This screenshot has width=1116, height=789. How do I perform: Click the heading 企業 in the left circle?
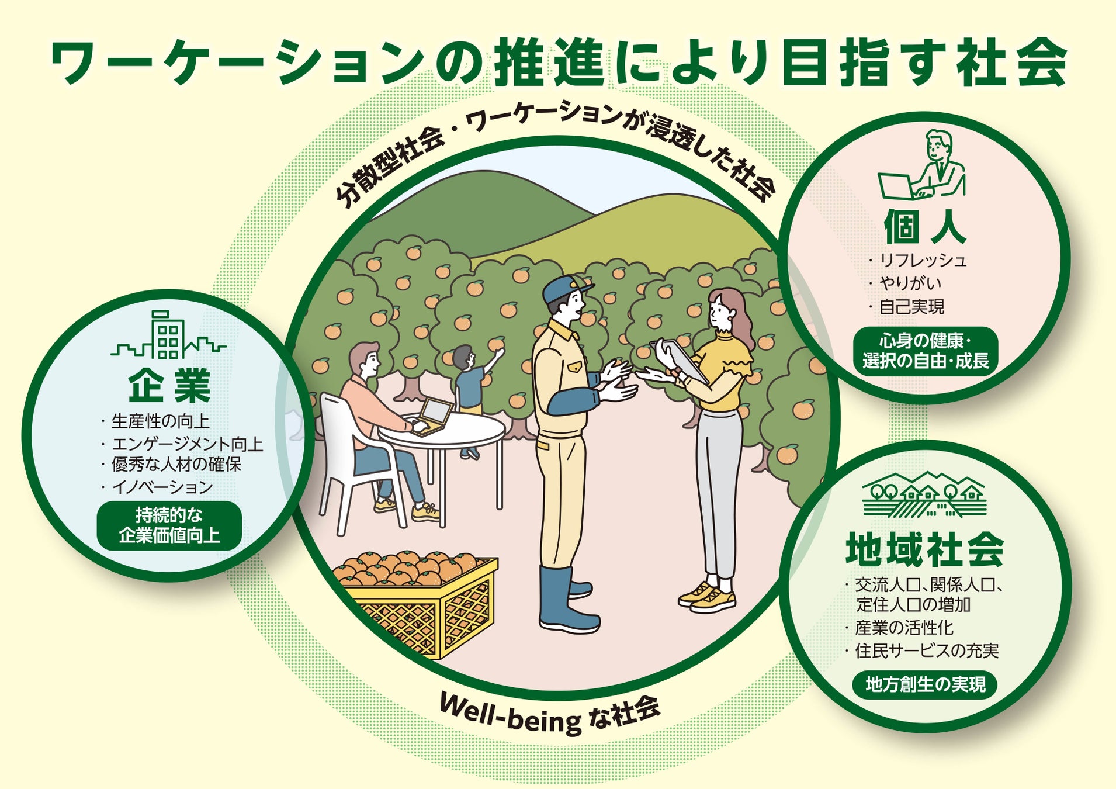(169, 385)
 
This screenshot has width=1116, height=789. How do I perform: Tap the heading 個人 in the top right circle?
(924, 227)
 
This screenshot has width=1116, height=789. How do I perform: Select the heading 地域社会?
(924, 549)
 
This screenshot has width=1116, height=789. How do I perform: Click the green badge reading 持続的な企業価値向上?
(169, 525)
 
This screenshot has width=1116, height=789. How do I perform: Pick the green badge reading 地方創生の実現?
(925, 684)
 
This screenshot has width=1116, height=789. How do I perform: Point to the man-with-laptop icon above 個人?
(923, 166)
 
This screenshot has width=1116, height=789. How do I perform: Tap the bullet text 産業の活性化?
(904, 628)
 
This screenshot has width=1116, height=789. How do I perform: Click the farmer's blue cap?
(564, 288)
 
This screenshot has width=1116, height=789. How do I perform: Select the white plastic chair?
(351, 462)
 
